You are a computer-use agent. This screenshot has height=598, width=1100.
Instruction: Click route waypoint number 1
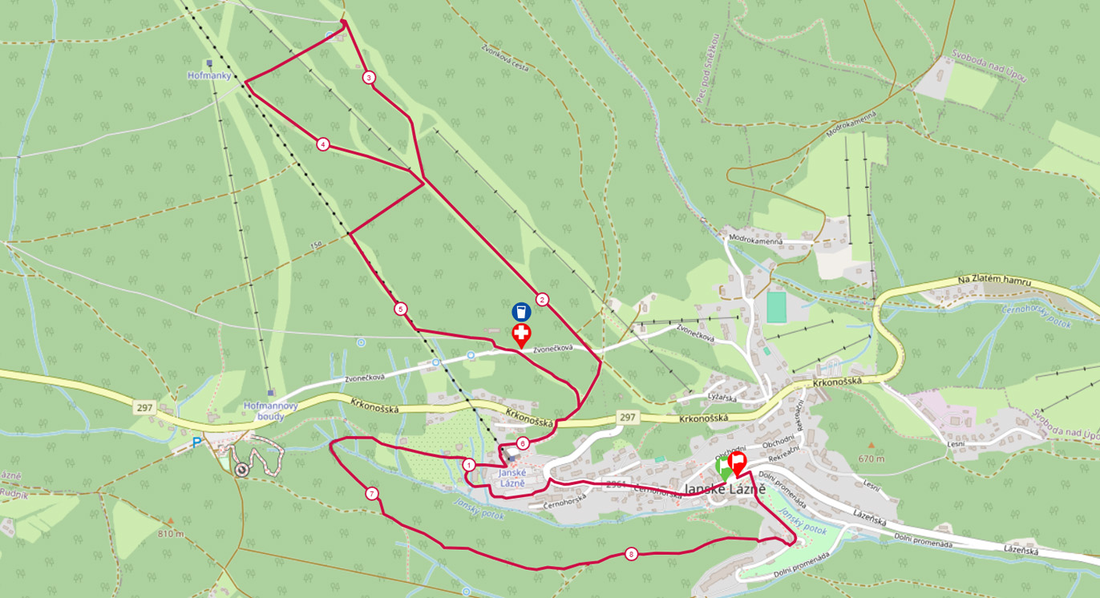(x=469, y=464)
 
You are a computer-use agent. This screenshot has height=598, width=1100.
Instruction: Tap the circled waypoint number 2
(x=542, y=300)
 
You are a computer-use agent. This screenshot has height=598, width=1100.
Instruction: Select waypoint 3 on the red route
(x=369, y=78)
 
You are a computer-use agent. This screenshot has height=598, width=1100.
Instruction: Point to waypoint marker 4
(x=322, y=144)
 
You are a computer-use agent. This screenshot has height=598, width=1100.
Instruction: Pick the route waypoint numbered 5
(x=401, y=309)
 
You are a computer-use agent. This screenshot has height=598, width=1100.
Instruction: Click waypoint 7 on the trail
(x=372, y=493)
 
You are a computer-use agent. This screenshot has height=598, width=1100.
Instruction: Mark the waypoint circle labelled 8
(x=632, y=554)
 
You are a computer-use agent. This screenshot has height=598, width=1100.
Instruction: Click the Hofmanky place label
(x=209, y=75)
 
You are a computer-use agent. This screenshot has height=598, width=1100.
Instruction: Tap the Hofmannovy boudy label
(x=271, y=410)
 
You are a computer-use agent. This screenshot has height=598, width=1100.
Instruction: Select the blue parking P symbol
(x=197, y=442)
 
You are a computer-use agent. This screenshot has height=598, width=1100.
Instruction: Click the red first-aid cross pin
(x=521, y=333)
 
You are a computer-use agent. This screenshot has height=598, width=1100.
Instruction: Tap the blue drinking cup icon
(x=521, y=311)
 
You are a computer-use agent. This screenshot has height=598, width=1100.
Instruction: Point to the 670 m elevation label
(x=870, y=459)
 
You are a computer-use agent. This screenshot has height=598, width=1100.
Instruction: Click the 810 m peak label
(x=170, y=534)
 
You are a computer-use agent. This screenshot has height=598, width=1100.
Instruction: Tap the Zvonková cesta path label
(x=505, y=58)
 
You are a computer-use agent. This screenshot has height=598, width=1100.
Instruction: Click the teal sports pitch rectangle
(x=776, y=307)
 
